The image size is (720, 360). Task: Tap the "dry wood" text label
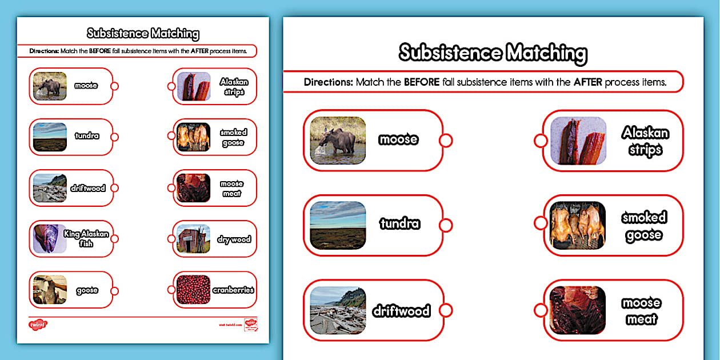pos(234,239)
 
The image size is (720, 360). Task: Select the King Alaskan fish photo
pos(50,238)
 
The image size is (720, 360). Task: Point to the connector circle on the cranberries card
pos(170,290)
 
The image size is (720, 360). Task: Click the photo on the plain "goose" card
pos(50,290)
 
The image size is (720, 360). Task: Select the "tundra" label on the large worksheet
pos(399,224)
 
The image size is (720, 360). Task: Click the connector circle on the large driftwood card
pos(447,310)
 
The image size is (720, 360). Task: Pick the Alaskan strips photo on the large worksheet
pos(578,141)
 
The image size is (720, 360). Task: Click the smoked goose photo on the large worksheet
pos(578,225)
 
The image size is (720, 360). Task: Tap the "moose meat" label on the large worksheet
pos(642,311)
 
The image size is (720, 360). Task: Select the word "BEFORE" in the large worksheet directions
pos(422,82)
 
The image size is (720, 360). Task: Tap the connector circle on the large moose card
pos(446,140)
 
